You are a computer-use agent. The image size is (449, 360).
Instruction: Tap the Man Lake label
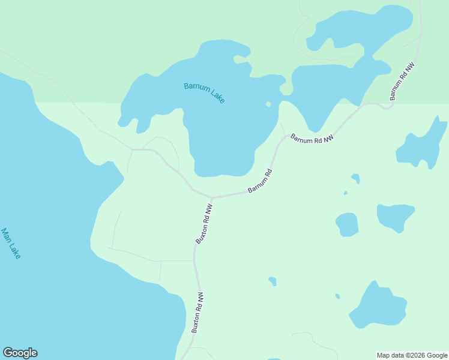[11, 243]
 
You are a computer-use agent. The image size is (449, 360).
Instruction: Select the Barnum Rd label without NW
[261, 181]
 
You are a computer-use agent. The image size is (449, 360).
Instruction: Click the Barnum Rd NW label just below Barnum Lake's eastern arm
[312, 139]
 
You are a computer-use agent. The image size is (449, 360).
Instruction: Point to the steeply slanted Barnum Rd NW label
[402, 81]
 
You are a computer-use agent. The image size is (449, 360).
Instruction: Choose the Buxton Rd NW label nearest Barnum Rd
[204, 223]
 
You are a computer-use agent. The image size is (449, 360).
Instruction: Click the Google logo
[20, 353]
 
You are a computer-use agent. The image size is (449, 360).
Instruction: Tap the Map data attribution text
[412, 355]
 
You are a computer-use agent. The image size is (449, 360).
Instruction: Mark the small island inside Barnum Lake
[268, 104]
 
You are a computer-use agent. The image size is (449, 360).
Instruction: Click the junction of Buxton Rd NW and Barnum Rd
[211, 197]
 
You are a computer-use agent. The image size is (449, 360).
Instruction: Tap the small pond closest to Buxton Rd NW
[273, 281]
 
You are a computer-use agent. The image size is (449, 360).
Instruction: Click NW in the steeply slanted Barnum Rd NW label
[410, 67]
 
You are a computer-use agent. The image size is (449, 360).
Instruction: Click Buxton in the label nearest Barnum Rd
[201, 232]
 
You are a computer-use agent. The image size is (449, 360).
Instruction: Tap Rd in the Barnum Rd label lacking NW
[269, 173]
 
